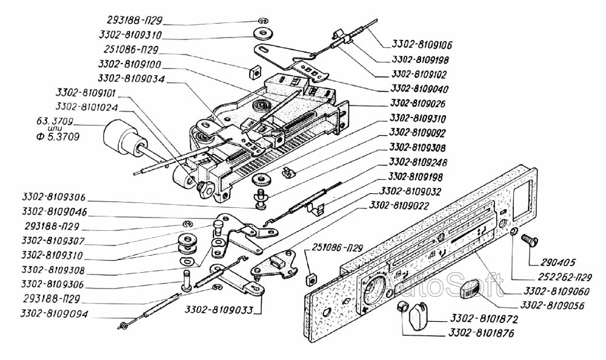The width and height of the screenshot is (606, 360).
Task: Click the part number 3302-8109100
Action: pos(130,64)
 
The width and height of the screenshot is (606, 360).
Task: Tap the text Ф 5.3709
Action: pos(58,136)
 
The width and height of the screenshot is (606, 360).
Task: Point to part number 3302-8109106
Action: pos(422,45)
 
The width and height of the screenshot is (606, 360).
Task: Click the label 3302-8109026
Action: pos(418,104)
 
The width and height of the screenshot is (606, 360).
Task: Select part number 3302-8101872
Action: pos(484,319)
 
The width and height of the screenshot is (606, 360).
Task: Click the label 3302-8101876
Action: pos(481,333)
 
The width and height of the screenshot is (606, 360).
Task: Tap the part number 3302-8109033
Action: pos(219,310)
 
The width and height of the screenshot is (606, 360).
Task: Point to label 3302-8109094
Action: pos(54,314)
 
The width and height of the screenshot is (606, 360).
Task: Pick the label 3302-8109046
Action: pos(55,212)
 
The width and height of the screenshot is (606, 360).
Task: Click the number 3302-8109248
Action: pos(418,162)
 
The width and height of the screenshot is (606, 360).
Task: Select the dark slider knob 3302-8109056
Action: pos(472,290)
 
